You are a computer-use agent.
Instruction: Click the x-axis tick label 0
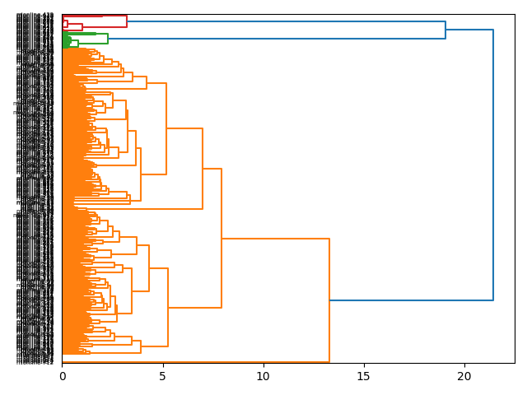(63, 376)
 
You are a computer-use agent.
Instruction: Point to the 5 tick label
(163, 376)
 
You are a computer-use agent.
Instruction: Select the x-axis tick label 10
(263, 376)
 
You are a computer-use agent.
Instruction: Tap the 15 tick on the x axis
(364, 376)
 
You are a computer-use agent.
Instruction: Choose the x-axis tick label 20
(464, 376)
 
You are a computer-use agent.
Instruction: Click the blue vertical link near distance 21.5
(493, 165)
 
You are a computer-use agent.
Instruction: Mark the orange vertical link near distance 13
(329, 300)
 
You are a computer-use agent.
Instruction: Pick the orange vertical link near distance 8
(222, 239)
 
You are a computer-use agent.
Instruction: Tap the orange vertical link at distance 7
(203, 169)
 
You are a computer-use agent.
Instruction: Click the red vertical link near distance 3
(127, 21)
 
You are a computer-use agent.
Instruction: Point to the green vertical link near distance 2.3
(108, 38)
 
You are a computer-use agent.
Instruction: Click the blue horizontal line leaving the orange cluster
(412, 300)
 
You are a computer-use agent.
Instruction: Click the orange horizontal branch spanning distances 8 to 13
(276, 239)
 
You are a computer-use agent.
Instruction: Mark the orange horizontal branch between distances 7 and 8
(212, 169)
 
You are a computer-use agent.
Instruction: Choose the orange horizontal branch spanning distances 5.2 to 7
(184, 128)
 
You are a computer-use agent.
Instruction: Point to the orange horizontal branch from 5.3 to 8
(195, 308)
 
